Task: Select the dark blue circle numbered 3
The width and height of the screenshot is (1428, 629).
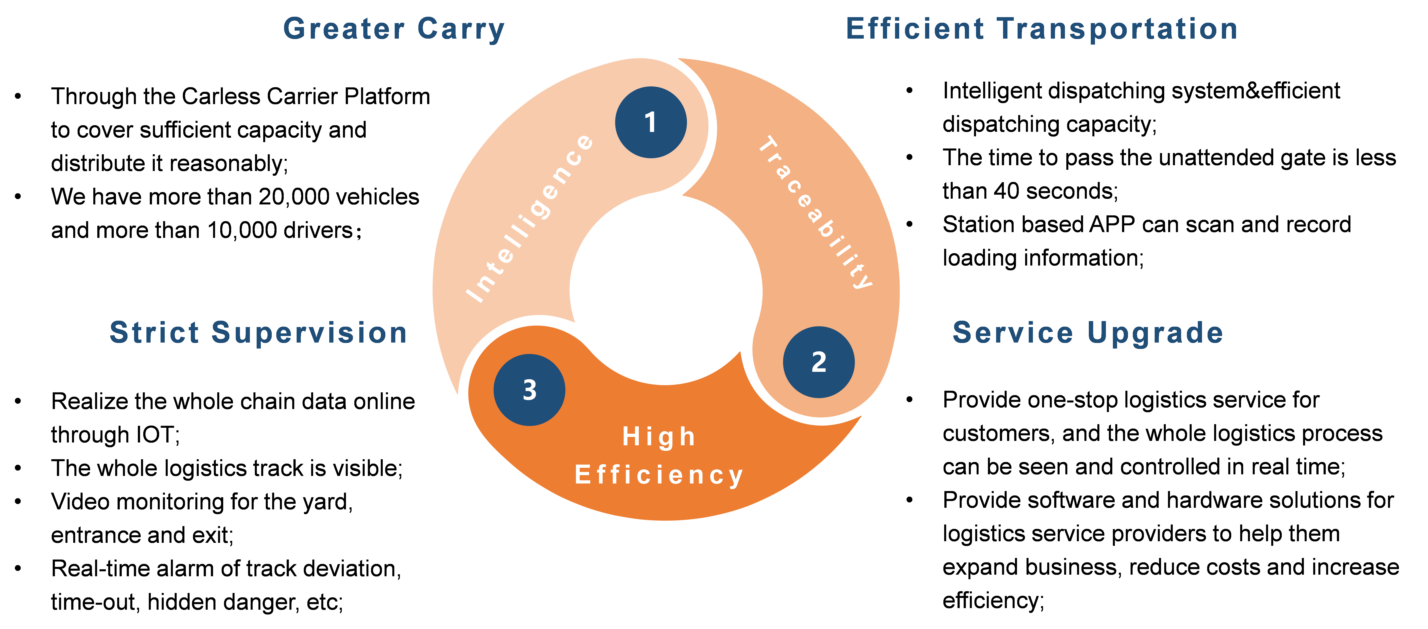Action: (x=529, y=390)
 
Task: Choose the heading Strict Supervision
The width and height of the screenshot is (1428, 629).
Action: (x=258, y=333)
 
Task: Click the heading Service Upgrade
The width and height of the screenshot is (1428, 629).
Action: (x=1088, y=333)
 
